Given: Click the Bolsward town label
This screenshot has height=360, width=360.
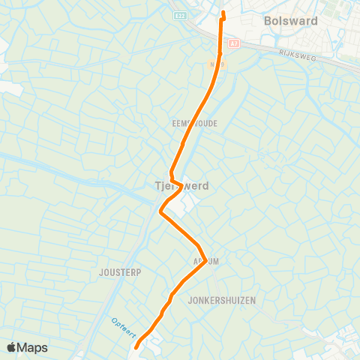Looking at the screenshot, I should click(291, 22).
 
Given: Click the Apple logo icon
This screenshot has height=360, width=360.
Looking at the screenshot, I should click(12, 347).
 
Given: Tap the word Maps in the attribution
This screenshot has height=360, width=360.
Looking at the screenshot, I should click(33, 347).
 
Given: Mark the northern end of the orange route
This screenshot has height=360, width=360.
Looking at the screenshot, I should click(223, 12).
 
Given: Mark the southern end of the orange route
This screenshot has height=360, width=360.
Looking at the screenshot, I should click(136, 347).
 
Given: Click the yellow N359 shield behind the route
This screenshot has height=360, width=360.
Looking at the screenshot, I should click(216, 65).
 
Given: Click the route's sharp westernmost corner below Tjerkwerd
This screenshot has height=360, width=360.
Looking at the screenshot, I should click(160, 212).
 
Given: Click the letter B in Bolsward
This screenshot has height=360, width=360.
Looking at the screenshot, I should click(268, 22).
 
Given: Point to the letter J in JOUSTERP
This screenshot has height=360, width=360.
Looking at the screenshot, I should click(100, 272).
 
